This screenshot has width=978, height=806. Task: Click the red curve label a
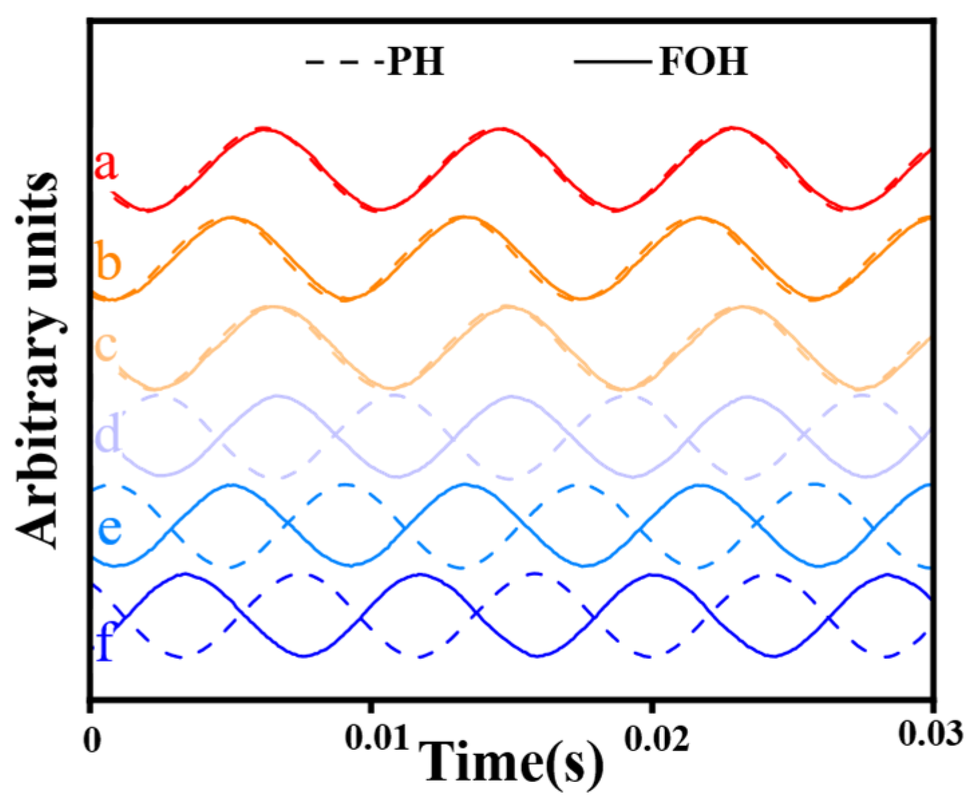click(106, 165)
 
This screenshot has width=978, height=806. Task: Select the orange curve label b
click(107, 262)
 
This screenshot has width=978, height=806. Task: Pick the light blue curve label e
click(109, 528)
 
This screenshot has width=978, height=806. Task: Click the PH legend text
click(416, 62)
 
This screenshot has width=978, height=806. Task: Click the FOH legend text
click(702, 62)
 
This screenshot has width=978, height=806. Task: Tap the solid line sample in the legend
click(612, 63)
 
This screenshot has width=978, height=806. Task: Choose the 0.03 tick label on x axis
click(931, 734)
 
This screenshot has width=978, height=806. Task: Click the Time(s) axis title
click(514, 763)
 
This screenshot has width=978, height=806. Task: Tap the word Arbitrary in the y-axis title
click(39, 441)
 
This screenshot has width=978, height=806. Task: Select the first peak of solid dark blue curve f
click(183, 574)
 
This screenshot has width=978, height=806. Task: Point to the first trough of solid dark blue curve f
click(303, 656)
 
